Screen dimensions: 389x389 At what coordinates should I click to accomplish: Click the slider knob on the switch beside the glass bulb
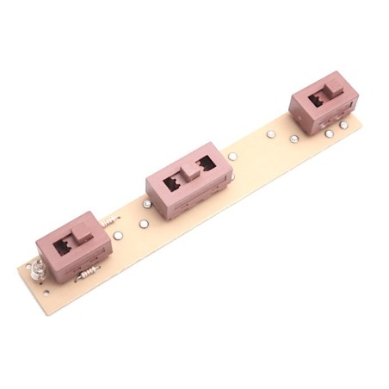[x=80, y=233]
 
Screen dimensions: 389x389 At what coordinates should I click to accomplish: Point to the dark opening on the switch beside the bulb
[x=63, y=248]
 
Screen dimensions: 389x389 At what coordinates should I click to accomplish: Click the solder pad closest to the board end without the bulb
[x=343, y=125]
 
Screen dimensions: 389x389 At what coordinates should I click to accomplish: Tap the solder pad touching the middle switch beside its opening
[x=232, y=157]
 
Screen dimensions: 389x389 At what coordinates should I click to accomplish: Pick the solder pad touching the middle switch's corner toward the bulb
[x=147, y=204]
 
